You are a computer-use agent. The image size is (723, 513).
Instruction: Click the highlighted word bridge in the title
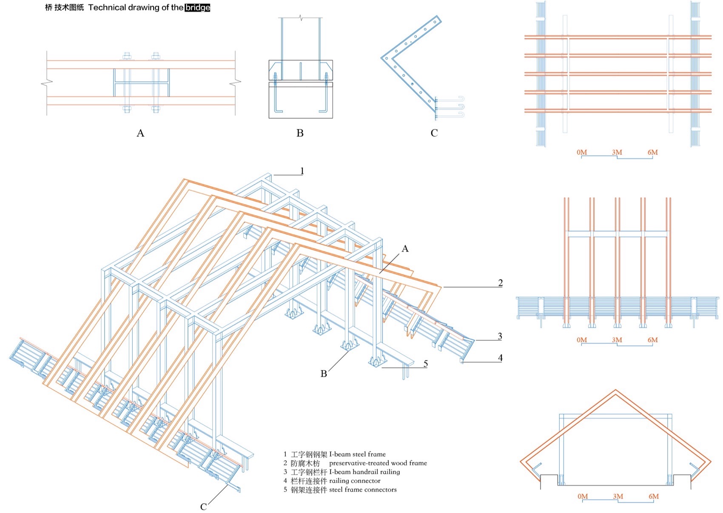[197, 8]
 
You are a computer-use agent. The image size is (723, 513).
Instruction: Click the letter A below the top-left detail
[140, 133]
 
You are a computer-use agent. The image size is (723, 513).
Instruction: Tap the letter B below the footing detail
[300, 133]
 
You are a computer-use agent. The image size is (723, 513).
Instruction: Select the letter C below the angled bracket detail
[434, 133]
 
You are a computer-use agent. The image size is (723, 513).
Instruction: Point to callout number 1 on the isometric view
[302, 171]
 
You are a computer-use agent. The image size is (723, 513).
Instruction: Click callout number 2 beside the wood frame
[500, 283]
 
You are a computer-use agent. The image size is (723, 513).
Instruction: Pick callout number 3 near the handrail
[500, 336]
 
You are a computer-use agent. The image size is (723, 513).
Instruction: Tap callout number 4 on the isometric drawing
[500, 358]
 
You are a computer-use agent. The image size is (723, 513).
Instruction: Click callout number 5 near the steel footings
[425, 364]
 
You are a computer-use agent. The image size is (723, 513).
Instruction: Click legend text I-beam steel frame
[357, 454]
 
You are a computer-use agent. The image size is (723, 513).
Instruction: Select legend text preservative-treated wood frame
[378, 463]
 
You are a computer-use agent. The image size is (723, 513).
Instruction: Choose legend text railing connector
[355, 481]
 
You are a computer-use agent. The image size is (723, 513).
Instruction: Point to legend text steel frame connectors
[363, 490]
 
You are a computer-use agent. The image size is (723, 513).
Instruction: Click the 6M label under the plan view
[652, 152]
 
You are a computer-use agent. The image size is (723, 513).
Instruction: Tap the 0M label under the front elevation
[582, 340]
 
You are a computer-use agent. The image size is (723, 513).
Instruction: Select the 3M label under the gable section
[618, 496]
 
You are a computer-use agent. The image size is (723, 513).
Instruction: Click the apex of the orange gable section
[615, 390]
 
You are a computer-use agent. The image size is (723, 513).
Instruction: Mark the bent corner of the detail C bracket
[383, 58]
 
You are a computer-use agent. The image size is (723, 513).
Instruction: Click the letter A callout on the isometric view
[405, 249]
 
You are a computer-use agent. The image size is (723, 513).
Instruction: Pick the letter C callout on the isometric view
[203, 507]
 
